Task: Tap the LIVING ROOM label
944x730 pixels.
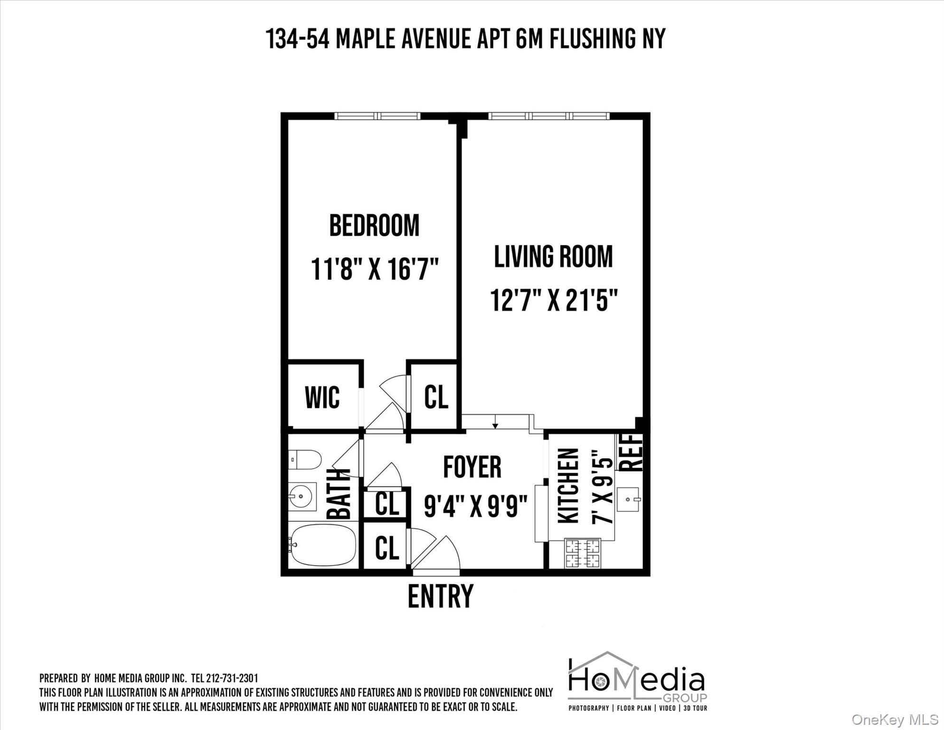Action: pyautogui.click(x=553, y=257)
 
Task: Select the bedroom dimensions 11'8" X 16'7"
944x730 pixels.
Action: pyautogui.click(x=375, y=269)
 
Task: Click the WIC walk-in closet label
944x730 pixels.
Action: pyautogui.click(x=322, y=397)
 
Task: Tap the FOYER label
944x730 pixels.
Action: pyautogui.click(x=472, y=467)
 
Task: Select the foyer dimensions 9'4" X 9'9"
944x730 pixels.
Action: pyautogui.click(x=476, y=507)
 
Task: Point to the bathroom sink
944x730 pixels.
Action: pyautogui.click(x=302, y=497)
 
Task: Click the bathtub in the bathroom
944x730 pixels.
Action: pyautogui.click(x=323, y=545)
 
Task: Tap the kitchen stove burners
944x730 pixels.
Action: pyautogui.click(x=582, y=553)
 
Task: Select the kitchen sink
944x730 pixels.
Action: pyautogui.click(x=629, y=499)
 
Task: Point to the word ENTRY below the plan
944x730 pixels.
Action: pyautogui.click(x=440, y=596)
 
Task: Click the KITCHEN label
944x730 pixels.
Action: pyautogui.click(x=568, y=486)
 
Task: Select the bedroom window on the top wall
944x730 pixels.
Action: pyautogui.click(x=377, y=116)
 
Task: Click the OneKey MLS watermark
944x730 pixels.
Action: pyautogui.click(x=895, y=720)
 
